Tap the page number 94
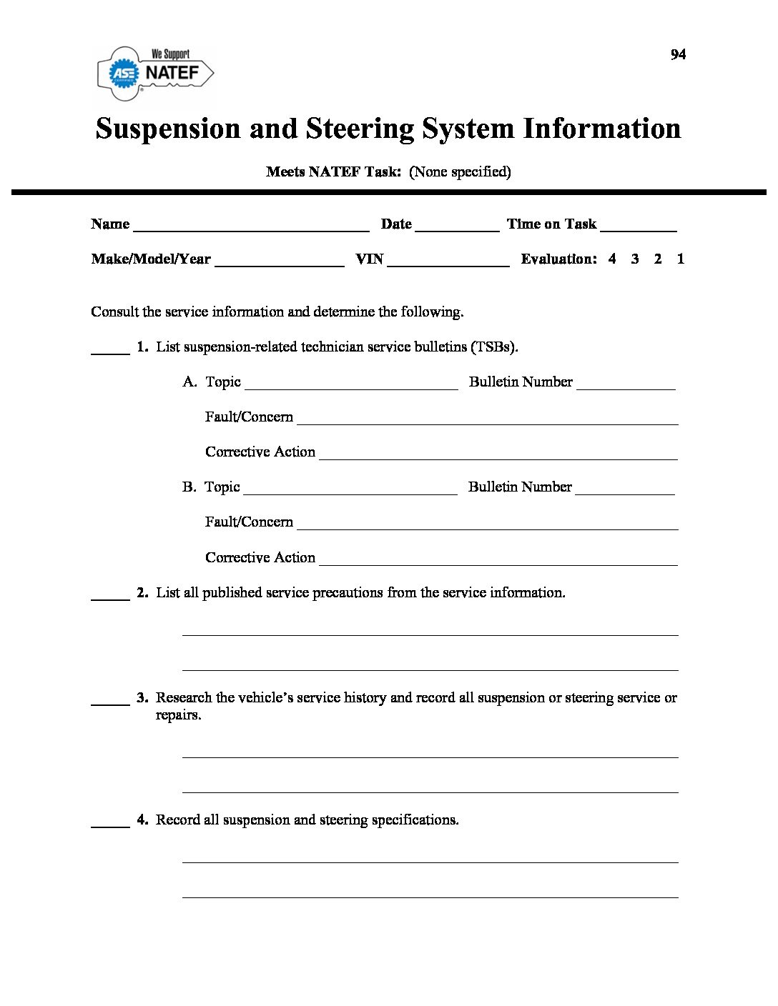coord(678,55)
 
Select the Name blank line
coord(251,229)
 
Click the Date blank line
coord(457,229)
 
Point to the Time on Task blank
coord(639,229)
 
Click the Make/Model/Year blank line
coord(279,264)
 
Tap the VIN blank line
coord(448,264)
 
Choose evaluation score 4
coord(612,259)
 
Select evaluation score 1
coord(681,259)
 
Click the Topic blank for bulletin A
coord(351,387)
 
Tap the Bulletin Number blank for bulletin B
coord(624,492)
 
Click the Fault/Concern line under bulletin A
coord(487,422)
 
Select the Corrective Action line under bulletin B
coord(498,562)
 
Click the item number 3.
coord(142,698)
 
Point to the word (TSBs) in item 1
coord(494,347)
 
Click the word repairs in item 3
coord(178,716)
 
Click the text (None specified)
coord(460,172)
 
